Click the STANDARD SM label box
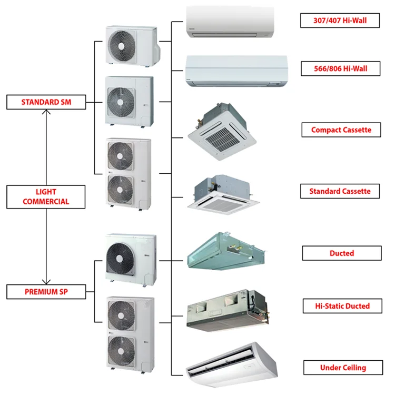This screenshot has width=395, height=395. (46, 102)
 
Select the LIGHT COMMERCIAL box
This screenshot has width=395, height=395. (46, 196)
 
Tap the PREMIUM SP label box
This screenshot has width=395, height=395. (46, 291)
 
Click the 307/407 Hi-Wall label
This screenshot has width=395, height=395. (340, 21)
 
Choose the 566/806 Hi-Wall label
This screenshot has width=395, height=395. (340, 68)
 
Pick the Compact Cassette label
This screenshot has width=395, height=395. (341, 130)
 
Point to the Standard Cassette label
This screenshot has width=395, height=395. (340, 191)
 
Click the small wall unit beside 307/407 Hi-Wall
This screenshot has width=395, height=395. (230, 22)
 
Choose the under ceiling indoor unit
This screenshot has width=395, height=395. (232, 363)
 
